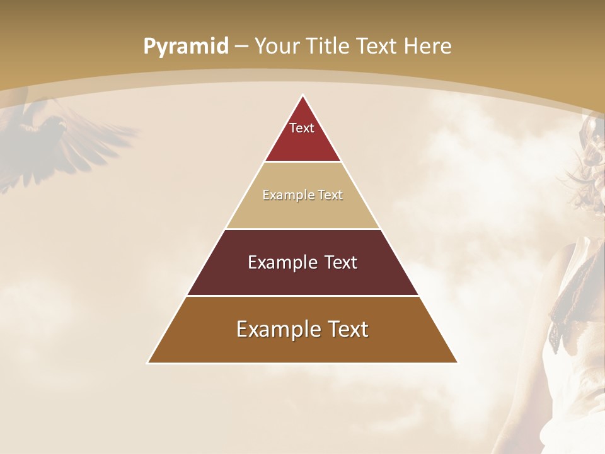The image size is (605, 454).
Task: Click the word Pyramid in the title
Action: coord(185,47)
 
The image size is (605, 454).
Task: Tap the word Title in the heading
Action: coord(331,46)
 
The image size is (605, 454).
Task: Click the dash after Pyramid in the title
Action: coord(241,47)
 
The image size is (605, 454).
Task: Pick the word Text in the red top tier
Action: coord(302,128)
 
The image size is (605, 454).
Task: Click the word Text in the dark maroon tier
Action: coord(341,262)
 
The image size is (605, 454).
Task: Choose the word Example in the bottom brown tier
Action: coord(274,329)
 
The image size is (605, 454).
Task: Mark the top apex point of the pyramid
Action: coord(302,95)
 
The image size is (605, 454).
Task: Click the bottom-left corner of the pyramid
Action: coord(148,363)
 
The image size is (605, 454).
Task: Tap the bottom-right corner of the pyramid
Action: coord(457,363)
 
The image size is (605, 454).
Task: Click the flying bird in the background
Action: coord(57,136)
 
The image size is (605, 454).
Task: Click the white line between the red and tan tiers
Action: coord(302,161)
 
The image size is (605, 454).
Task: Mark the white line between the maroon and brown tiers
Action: coord(302,296)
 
